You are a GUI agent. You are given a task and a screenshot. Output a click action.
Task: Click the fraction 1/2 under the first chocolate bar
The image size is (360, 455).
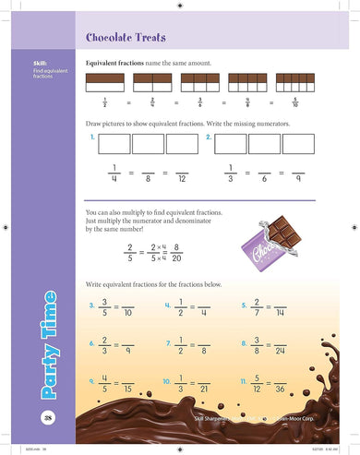coord(105,102)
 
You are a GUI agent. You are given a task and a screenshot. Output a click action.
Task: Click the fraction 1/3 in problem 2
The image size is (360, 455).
coord(231,173)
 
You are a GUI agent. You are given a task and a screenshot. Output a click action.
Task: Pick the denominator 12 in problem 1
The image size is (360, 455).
coord(183,179)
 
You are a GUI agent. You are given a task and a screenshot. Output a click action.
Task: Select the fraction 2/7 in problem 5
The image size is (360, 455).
coord(257,307)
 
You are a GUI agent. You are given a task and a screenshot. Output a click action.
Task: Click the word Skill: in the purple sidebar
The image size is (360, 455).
coord(42,63)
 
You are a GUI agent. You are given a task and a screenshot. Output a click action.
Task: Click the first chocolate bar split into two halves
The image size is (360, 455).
coord(105,81)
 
